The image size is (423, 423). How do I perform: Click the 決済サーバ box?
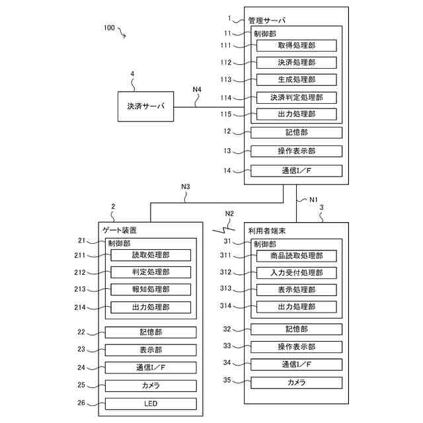tap(145, 106)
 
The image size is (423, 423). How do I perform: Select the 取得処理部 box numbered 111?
tap(297, 46)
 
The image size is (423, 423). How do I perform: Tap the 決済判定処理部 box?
tap(297, 98)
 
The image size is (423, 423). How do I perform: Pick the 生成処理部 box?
tap(297, 80)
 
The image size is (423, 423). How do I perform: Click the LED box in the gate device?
tap(151, 404)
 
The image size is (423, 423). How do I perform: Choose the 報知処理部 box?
tap(151, 289)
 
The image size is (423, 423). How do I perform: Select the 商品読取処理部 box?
tap(297, 256)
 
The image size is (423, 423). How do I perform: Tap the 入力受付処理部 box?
tap(297, 273)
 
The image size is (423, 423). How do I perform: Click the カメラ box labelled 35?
tap(297, 383)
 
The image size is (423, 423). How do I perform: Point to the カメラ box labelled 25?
tap(151, 386)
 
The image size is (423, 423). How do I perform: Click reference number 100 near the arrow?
tap(109, 28)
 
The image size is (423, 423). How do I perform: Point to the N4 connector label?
tap(197, 89)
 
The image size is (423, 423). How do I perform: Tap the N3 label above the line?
tap(186, 186)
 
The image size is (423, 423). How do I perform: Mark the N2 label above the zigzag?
tap(229, 213)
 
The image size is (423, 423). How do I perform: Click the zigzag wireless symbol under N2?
tap(223, 230)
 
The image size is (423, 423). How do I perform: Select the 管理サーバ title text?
tap(266, 20)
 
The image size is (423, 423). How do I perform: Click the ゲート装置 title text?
tap(120, 230)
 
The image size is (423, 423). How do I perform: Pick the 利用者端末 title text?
tap(267, 231)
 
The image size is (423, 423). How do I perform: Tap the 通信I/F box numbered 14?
tap(297, 171)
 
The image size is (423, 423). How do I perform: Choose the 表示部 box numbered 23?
tap(151, 350)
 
